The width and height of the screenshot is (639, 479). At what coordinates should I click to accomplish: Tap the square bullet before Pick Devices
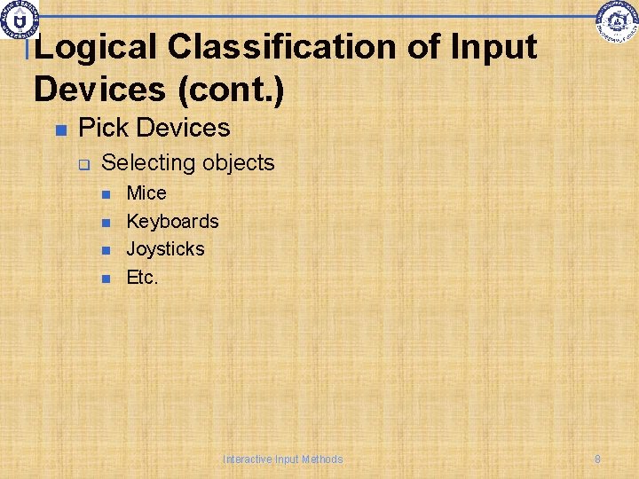click(x=60, y=130)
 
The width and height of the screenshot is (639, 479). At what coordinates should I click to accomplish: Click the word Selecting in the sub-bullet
click(x=148, y=163)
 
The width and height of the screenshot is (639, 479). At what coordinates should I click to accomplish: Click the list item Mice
click(x=146, y=193)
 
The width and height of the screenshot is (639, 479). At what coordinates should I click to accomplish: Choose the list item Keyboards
click(x=172, y=221)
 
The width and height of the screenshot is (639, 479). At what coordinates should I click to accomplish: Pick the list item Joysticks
click(x=165, y=249)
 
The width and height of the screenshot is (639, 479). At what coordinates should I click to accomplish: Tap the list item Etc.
click(x=142, y=277)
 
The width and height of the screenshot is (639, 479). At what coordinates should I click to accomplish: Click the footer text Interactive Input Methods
click(x=282, y=459)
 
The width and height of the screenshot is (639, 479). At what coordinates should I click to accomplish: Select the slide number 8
click(x=597, y=459)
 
